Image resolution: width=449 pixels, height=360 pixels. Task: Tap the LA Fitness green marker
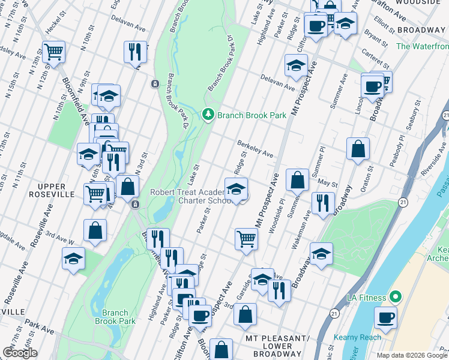pos(395,297)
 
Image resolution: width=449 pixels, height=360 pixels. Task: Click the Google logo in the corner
pos(19,352)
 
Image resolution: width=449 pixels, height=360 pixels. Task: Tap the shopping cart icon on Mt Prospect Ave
pos(246,238)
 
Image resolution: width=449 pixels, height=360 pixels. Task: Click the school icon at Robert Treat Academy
pos(236,188)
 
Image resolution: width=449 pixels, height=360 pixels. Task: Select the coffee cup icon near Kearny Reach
pos(385,317)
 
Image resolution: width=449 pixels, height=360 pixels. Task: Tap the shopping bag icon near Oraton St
pos(358,149)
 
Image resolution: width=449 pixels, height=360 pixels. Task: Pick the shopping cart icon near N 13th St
pos(53,51)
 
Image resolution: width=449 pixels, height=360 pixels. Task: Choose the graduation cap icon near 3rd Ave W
pos(73,259)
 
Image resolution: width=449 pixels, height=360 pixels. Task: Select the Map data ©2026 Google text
pos(412,355)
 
